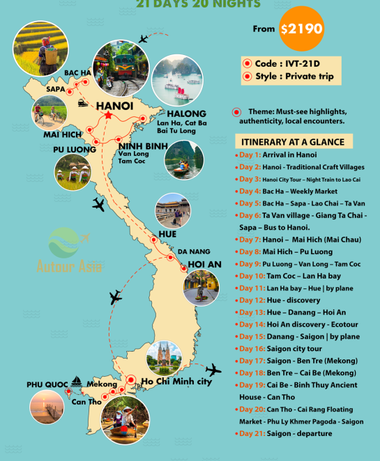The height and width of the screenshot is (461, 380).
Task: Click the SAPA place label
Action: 56,89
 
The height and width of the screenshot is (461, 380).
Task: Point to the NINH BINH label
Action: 142,147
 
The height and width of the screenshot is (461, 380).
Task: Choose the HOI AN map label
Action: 204,265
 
